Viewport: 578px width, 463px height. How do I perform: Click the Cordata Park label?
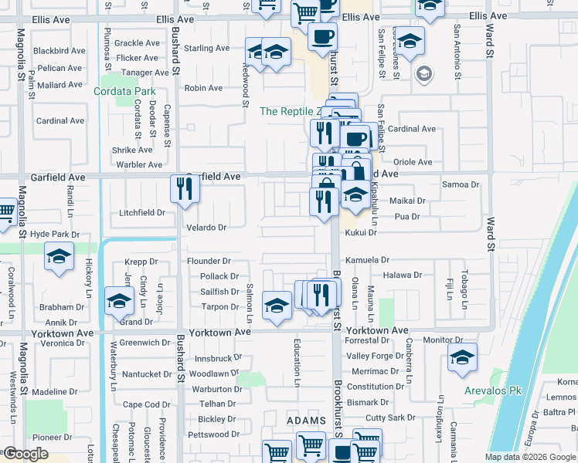point(124,91)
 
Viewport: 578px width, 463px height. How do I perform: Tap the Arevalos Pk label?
point(493,390)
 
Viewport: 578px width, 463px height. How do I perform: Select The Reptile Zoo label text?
point(289,111)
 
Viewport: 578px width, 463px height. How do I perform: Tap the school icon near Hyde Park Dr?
point(59,258)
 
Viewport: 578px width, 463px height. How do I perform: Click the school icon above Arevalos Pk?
point(462,357)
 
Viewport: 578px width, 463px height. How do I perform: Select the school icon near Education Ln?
point(277,305)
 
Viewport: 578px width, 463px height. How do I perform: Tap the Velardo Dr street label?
point(206,228)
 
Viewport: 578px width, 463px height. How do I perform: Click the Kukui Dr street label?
point(361,232)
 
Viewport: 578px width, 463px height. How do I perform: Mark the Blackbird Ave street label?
point(60,51)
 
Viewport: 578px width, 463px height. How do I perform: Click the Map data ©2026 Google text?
point(529,457)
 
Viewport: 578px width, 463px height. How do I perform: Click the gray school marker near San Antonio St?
point(423,74)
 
